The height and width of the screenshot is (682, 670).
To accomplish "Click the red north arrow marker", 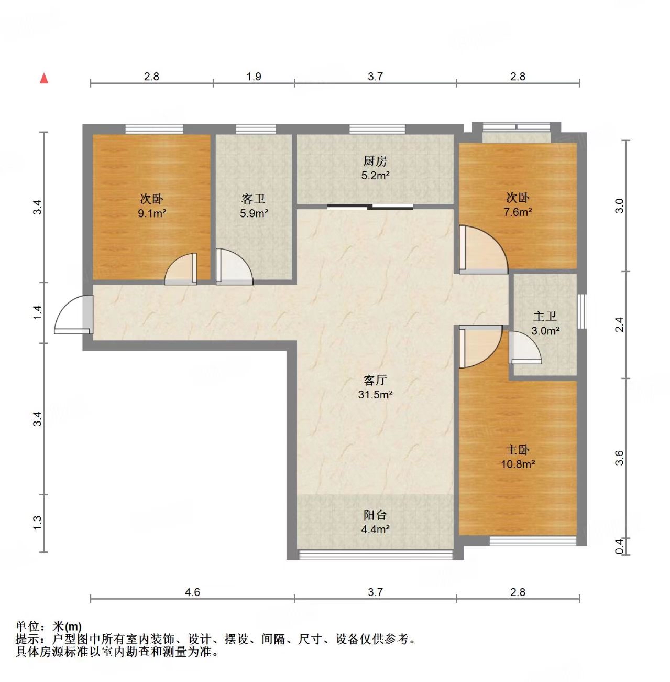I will (x=45, y=79).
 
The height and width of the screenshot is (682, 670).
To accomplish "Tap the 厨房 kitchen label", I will (x=375, y=161).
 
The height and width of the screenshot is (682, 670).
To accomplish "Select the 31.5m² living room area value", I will (x=375, y=395).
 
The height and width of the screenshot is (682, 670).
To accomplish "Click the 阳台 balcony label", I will (x=375, y=515).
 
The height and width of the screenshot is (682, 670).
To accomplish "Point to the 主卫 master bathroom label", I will (x=545, y=317).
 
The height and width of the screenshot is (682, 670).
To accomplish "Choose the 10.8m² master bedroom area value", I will (x=518, y=464).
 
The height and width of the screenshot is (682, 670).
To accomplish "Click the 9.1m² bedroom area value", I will (x=152, y=213).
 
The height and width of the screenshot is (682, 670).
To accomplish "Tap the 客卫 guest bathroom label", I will (x=254, y=199).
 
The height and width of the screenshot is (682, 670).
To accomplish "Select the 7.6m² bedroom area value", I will (x=518, y=212).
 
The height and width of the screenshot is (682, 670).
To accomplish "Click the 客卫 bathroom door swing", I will (x=234, y=267).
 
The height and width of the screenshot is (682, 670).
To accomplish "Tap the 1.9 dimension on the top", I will (x=254, y=77).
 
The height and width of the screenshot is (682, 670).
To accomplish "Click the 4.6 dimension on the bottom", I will (x=192, y=592).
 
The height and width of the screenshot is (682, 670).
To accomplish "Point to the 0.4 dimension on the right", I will (x=619, y=546).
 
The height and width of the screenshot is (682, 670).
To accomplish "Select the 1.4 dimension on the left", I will (x=37, y=313).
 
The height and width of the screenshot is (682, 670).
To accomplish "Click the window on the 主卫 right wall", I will (x=581, y=311).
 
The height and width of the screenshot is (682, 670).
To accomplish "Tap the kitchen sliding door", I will (x=370, y=207).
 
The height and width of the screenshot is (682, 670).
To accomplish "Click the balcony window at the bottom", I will (x=375, y=555).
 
